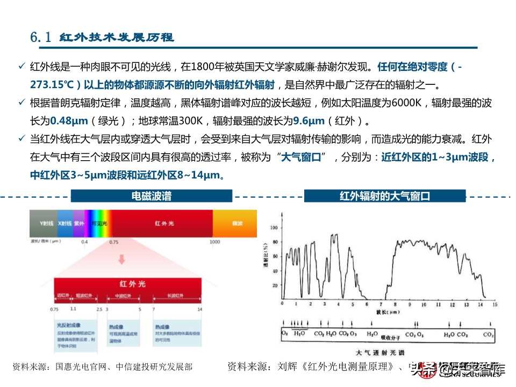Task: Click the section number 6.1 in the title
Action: point(41,38)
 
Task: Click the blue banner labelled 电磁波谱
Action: point(152,196)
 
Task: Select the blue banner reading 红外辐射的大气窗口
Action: point(385,196)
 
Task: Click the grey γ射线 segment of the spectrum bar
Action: point(43,223)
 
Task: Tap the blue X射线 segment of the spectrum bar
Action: point(64,223)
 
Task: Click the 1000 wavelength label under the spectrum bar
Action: point(215,242)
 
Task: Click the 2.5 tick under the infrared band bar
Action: point(99,310)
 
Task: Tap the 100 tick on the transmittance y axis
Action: point(276,227)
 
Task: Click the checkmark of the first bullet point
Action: point(21,66)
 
